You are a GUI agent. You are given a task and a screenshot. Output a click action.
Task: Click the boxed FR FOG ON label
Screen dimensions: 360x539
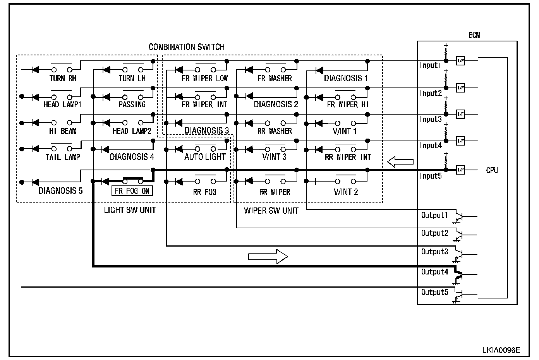(132, 191)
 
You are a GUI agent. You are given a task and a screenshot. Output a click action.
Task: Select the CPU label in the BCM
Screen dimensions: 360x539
(492, 170)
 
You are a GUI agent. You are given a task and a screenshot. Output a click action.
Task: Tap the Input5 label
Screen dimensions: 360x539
(430, 176)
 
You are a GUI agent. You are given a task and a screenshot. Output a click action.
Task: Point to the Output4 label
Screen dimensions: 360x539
(434, 272)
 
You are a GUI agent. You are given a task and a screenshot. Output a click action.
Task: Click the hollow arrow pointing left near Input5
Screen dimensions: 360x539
(400, 162)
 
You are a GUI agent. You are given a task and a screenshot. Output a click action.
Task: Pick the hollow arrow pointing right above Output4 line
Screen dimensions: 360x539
(268, 256)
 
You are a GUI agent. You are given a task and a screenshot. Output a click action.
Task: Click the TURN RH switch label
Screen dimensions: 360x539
(63, 79)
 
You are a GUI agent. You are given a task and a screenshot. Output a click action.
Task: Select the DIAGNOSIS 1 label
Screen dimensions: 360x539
(346, 79)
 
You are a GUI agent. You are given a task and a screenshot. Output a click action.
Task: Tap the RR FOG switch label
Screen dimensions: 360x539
(204, 192)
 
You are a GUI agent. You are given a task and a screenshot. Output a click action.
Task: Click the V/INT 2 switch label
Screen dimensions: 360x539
(346, 192)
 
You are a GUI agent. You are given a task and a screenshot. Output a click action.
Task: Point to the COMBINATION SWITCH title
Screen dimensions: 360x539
(187, 47)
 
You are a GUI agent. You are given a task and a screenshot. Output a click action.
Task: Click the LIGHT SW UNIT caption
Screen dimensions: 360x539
(130, 210)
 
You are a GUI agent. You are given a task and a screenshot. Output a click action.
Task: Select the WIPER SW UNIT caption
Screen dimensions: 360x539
(271, 211)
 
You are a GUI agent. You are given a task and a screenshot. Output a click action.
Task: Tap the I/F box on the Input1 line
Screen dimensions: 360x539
(460, 61)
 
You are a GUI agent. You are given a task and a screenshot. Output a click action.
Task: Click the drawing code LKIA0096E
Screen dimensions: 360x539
(501, 350)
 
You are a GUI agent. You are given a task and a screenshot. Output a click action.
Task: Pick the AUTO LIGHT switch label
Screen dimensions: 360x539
(205, 157)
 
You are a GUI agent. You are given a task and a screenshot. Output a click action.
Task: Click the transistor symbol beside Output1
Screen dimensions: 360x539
(459, 217)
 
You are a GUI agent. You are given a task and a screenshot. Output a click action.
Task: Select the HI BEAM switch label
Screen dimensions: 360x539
(63, 131)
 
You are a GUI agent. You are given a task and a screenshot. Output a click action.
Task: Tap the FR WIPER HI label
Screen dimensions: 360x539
(348, 105)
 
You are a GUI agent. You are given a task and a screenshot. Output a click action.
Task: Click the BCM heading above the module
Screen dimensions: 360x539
(474, 35)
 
